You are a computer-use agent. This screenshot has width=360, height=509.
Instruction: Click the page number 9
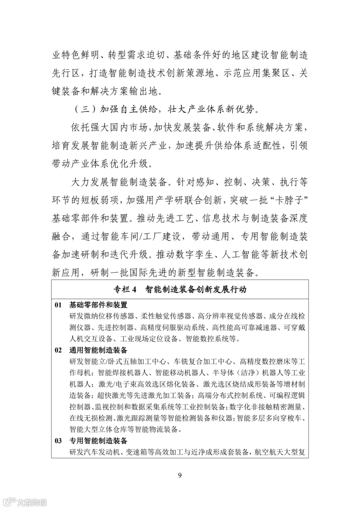tap(180, 475)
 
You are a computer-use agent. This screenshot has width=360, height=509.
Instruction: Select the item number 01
tap(58, 305)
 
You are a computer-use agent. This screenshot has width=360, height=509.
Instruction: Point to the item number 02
tap(58, 350)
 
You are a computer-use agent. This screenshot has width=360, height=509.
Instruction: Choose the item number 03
tap(58, 441)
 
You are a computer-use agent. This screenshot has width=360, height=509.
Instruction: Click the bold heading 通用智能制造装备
tap(98, 350)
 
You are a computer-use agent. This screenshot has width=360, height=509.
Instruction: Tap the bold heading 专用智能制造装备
tap(98, 441)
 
